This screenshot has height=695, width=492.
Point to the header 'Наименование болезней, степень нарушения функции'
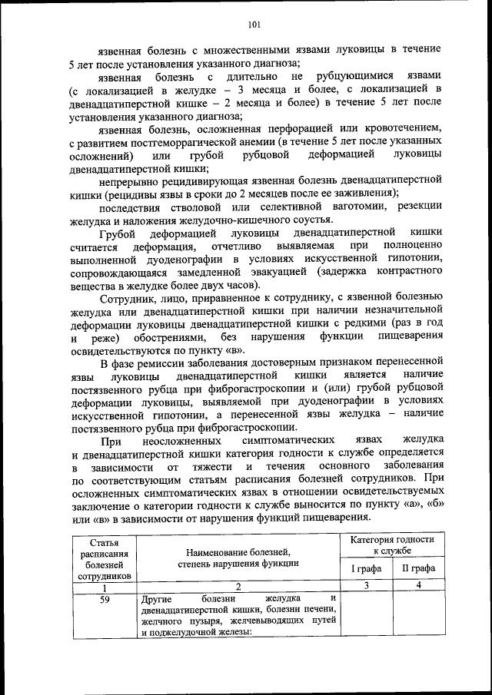[x=238, y=557]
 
